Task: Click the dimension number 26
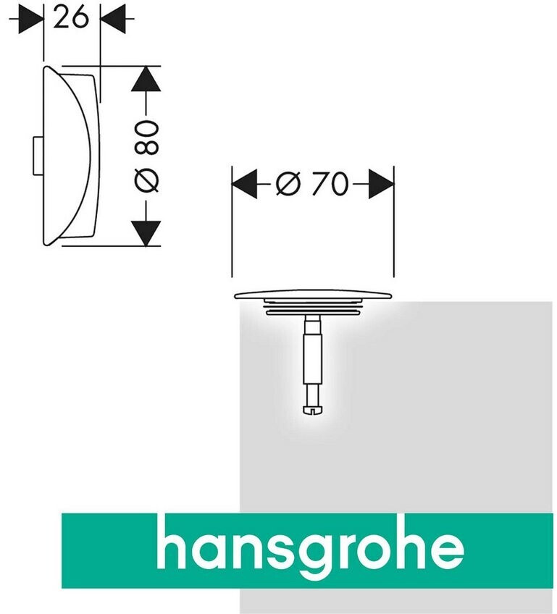(x=72, y=18)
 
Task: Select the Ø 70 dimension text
(x=312, y=186)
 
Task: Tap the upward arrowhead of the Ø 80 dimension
(x=146, y=80)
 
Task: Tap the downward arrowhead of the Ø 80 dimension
(x=146, y=232)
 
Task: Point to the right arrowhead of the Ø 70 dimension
(x=380, y=186)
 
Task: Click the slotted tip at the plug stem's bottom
(x=313, y=411)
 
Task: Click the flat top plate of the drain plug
(x=313, y=294)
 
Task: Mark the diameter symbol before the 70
(x=288, y=186)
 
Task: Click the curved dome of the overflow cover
(x=69, y=156)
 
